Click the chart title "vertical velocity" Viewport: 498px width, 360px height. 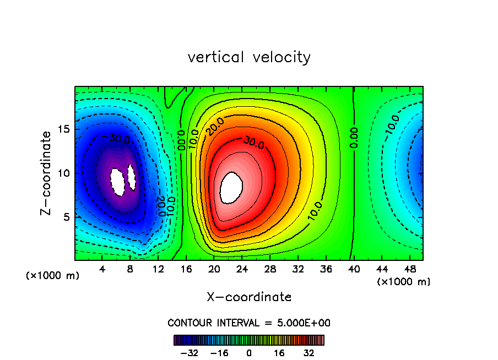[249, 57]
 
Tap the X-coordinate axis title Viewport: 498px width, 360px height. [249, 297]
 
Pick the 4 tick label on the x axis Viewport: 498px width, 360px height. [102, 270]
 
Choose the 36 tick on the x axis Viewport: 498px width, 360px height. [326, 270]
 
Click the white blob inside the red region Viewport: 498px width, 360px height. [231, 187]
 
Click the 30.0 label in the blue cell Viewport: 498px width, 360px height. [120, 138]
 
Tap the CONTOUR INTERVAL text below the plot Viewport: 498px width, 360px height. [249, 323]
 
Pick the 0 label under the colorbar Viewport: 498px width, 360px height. [249, 353]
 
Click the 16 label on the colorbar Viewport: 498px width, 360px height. [279, 353]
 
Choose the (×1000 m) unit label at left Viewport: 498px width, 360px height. [53, 276]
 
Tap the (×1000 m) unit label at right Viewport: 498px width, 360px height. [404, 282]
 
